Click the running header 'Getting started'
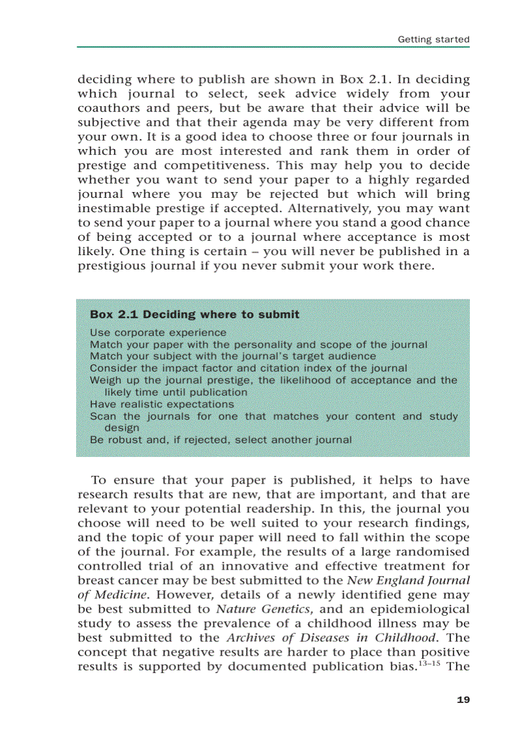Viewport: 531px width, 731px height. tap(433, 39)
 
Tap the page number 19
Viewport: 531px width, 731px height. tap(463, 700)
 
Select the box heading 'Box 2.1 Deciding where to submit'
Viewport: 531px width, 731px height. tap(195, 314)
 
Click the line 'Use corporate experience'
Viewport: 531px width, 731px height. tap(158, 333)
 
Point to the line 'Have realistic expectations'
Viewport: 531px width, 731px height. tap(161, 404)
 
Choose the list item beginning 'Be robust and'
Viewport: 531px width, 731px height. tap(221, 439)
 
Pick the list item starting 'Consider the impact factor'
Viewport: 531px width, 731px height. tap(248, 368)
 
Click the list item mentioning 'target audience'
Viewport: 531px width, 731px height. tap(232, 356)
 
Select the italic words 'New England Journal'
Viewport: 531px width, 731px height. tap(408, 581)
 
